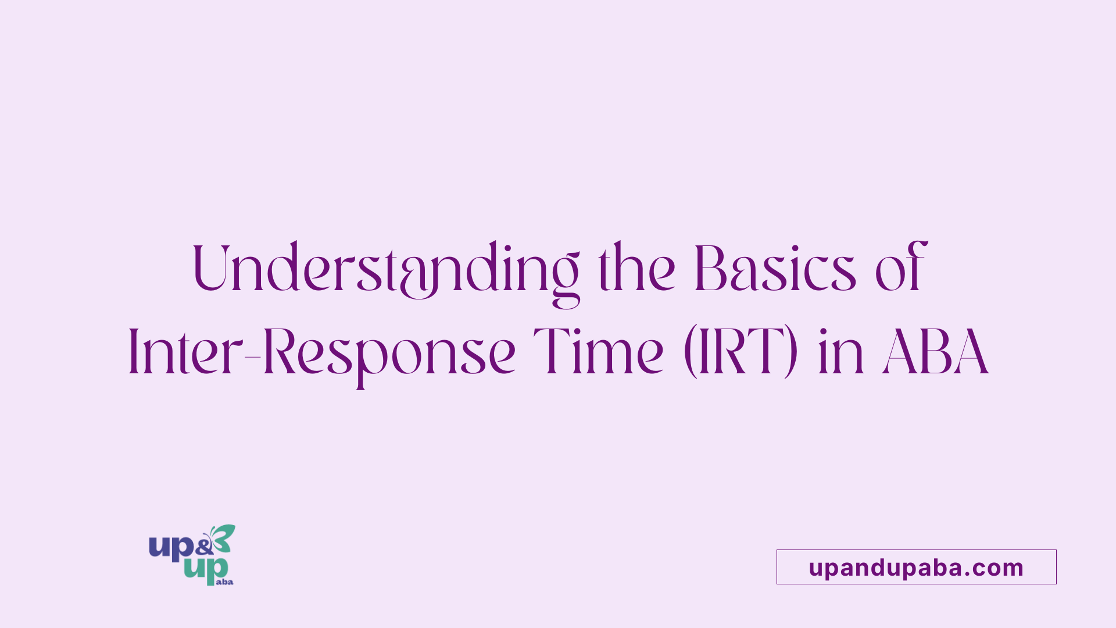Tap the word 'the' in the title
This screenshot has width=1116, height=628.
(637, 267)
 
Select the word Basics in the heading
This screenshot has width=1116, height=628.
(775, 267)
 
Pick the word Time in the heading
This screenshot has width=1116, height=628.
(598, 351)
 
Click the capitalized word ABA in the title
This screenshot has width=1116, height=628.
(935, 352)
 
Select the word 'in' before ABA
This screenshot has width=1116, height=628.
(840, 352)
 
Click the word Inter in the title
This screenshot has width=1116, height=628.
(185, 351)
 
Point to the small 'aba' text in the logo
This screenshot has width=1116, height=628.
(224, 581)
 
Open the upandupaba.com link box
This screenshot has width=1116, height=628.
(917, 567)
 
